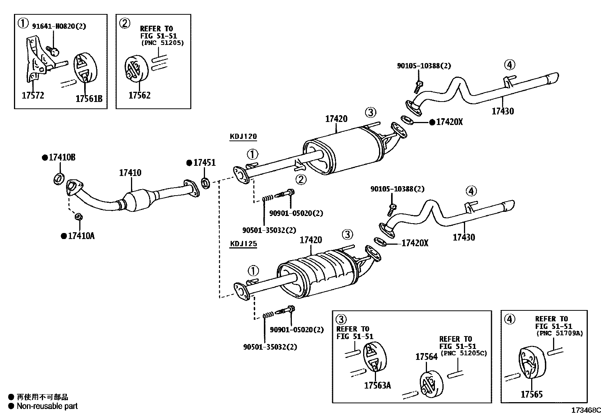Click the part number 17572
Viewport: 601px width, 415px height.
click(33, 95)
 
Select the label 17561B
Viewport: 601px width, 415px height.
click(89, 99)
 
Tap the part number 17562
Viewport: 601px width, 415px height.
click(139, 95)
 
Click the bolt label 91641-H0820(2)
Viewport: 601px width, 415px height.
click(59, 26)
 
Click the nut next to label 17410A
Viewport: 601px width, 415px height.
click(79, 217)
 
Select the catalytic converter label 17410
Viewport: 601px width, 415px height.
click(130, 173)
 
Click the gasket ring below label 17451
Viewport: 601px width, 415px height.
click(206, 184)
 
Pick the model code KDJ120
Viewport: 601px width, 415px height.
click(243, 136)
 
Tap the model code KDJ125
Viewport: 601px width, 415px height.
click(243, 244)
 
